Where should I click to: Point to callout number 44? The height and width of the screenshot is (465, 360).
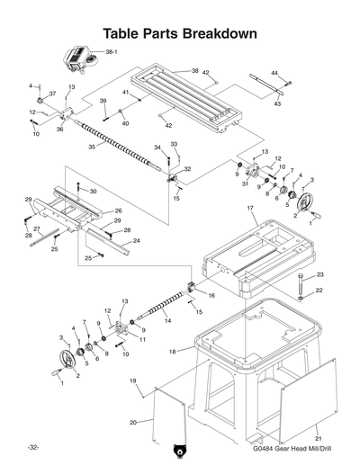click(x=274, y=72)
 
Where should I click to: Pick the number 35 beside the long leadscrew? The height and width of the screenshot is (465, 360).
click(x=92, y=147)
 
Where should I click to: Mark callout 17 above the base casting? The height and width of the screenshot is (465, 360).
click(x=252, y=208)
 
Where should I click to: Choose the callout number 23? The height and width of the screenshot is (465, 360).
click(x=320, y=274)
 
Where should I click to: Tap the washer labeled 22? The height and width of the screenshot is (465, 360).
click(x=300, y=291)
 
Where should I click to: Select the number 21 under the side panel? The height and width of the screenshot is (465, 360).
click(x=318, y=437)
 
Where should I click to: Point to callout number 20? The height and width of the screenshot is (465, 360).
click(x=133, y=422)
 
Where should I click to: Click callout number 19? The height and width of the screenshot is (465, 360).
click(x=132, y=382)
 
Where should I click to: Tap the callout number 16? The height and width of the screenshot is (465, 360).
click(x=211, y=294)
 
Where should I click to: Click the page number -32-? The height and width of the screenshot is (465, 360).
click(x=32, y=447)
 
